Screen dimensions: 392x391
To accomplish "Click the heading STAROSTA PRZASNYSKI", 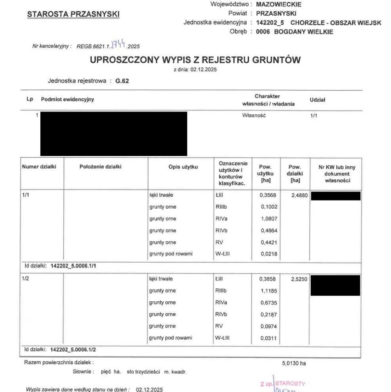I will pyautogui.click(x=73, y=14).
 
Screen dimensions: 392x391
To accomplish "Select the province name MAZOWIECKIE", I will pyautogui.click(x=278, y=4).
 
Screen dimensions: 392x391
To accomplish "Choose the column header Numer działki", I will pyautogui.click(x=39, y=167).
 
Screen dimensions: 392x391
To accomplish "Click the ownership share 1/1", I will pyautogui.click(x=315, y=116).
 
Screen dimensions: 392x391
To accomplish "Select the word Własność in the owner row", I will pyautogui.click(x=254, y=116).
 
